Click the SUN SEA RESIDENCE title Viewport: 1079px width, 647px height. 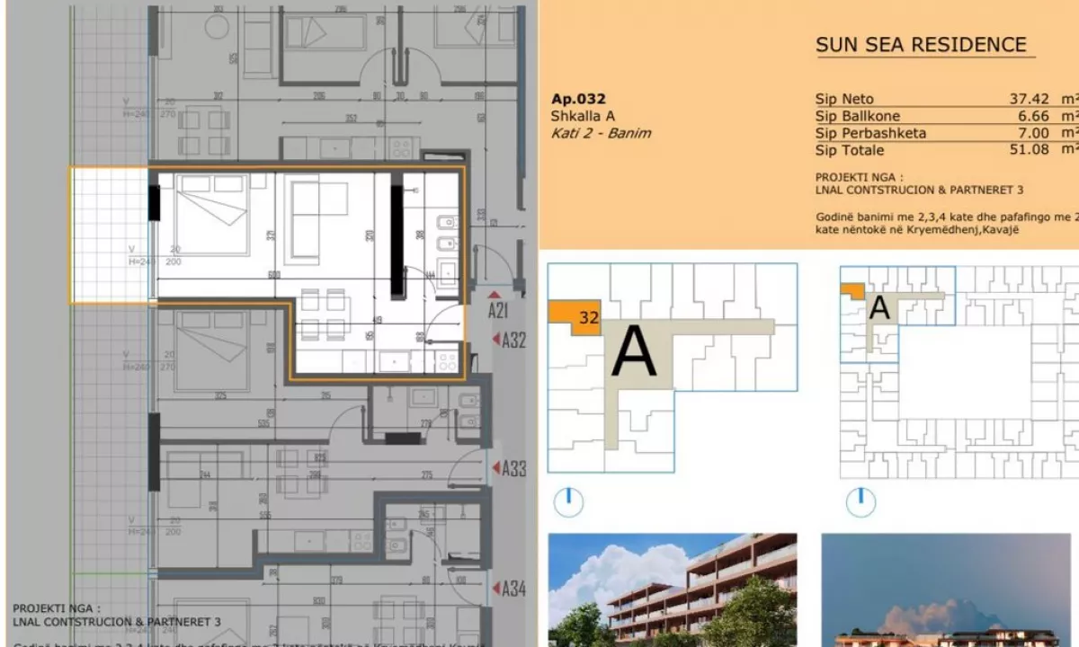920,45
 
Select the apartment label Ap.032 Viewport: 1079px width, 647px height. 577,99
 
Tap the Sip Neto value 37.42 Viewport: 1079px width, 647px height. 1029,99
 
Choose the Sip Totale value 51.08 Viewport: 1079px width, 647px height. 1029,150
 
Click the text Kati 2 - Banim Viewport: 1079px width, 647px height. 601,133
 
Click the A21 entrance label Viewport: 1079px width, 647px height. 499,310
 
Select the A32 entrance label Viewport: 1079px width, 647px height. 513,340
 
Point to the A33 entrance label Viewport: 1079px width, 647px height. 513,468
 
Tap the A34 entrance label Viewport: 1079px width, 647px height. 513,589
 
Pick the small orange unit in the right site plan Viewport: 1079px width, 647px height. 852,290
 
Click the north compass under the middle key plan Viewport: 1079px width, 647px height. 568,502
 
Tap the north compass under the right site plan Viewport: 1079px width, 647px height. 861,502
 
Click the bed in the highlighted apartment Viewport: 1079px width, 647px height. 212,214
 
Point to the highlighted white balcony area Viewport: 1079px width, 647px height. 110,234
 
